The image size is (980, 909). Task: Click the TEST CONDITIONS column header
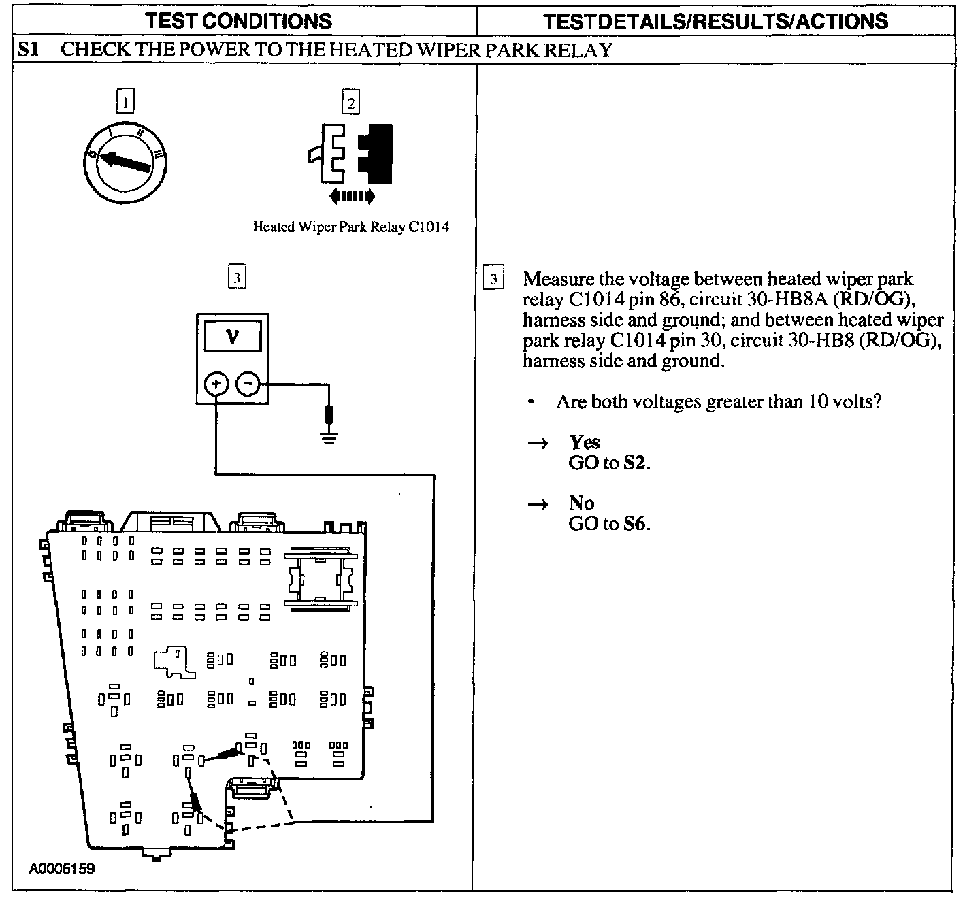point(238,21)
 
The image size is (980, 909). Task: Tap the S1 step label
point(28,50)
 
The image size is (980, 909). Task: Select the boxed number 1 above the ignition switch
point(125,101)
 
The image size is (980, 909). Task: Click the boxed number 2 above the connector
point(351,102)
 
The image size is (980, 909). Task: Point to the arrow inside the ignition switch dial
point(125,161)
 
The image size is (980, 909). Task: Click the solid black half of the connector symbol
point(375,154)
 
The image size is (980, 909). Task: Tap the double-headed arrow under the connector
point(352,197)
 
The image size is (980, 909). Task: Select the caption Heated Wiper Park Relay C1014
point(351,227)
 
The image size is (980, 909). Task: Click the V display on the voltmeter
point(233,336)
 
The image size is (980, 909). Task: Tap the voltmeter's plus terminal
point(216,384)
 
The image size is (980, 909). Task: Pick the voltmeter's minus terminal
point(248,384)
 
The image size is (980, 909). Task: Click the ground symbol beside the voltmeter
point(329,437)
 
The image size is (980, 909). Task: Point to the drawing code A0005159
point(62,882)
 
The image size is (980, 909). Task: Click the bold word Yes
point(585,442)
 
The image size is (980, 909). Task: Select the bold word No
point(581,503)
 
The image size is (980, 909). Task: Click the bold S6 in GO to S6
point(636,524)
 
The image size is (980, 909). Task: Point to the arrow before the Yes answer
point(538,443)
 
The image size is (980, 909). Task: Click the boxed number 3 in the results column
point(493,278)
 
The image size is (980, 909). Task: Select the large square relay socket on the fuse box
point(321,580)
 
